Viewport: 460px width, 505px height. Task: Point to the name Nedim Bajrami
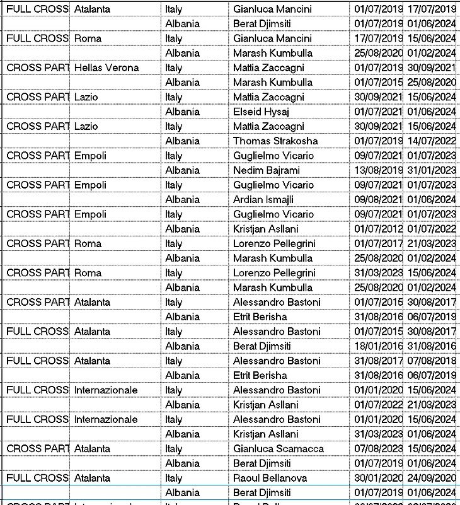tap(267, 170)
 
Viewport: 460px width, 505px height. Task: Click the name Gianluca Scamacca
tap(279, 448)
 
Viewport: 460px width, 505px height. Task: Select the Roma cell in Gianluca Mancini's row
tap(88, 38)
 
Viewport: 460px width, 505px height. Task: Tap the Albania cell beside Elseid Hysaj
tap(182, 112)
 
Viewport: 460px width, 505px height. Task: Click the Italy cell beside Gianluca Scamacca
tap(174, 448)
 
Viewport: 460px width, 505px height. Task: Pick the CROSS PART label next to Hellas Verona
tap(37, 67)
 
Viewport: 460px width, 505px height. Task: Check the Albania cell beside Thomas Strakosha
tap(182, 141)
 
